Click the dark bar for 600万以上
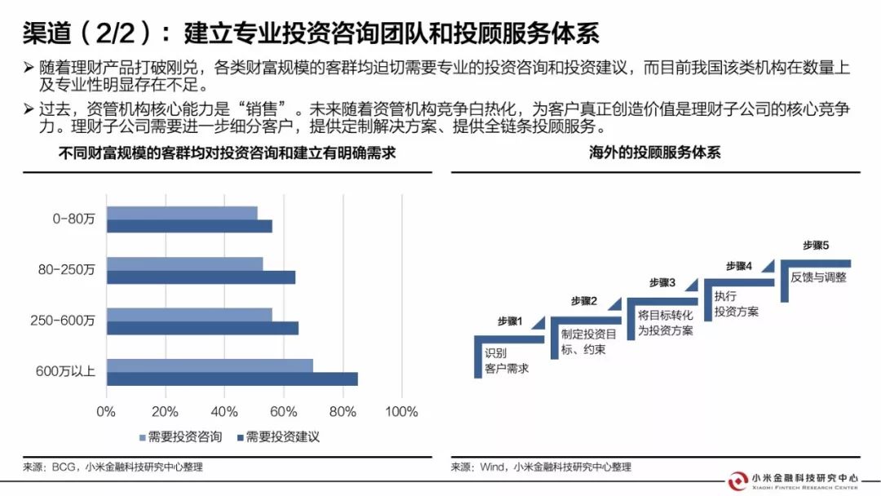pos(232,379)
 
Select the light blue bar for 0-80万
pos(182,214)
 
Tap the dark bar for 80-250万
pos(201,277)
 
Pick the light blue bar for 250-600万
pos(189,315)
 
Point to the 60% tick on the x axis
pos(283,411)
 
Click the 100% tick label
pos(401,411)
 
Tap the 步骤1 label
pos(510,321)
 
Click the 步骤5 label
pos(816,245)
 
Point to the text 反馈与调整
pos(818,277)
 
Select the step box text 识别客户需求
pos(506,361)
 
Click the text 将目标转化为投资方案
pos(665,322)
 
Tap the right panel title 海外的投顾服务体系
pos(655,153)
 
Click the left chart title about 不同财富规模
pos(227,153)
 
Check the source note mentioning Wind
pos(541,467)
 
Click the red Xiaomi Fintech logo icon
pos(738,480)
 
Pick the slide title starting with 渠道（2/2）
pos(311,33)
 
